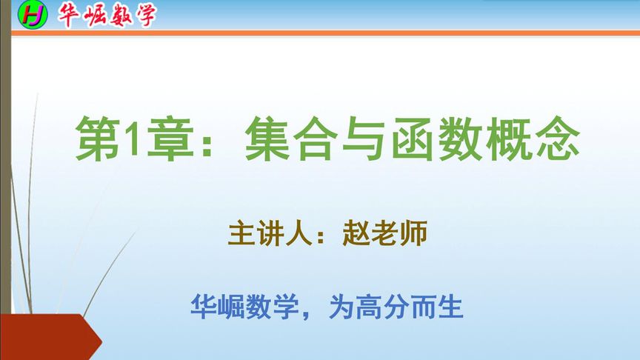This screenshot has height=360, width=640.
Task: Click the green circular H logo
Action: point(33,14)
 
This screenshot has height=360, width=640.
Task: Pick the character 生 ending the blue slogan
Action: point(450,305)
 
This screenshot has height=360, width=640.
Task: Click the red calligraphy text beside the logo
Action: point(107,15)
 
